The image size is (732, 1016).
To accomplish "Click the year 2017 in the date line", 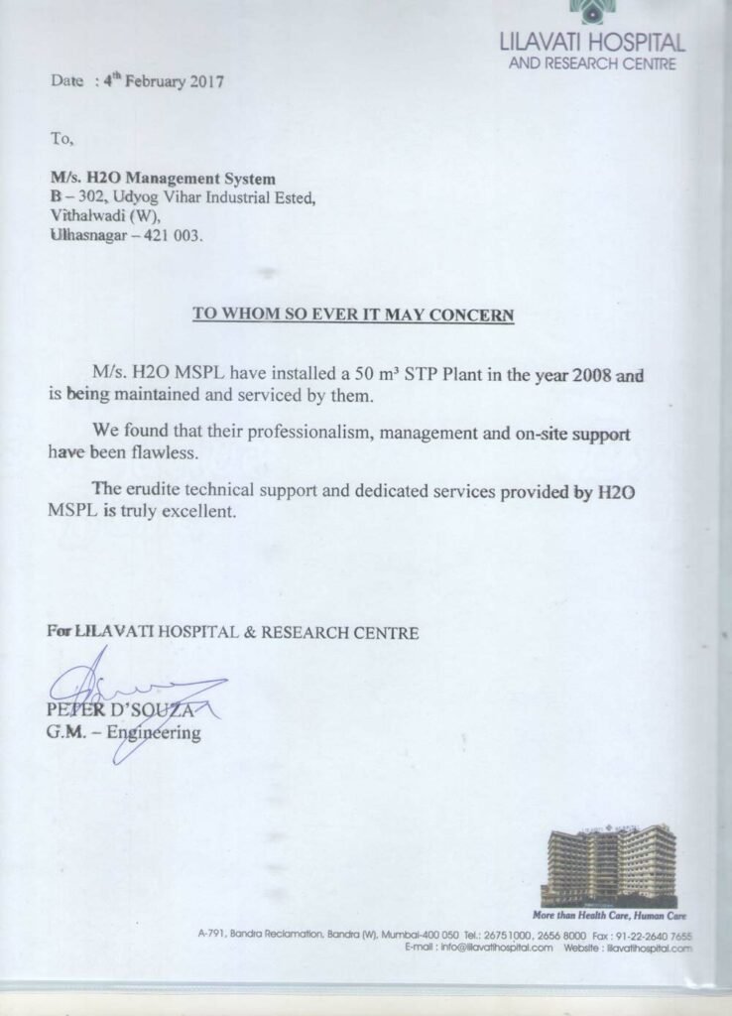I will [x=204, y=81].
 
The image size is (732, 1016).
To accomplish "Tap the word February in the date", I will [x=150, y=81].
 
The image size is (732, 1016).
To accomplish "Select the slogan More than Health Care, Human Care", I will [x=610, y=915].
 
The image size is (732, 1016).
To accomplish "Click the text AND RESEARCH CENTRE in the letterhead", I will [x=592, y=64].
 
